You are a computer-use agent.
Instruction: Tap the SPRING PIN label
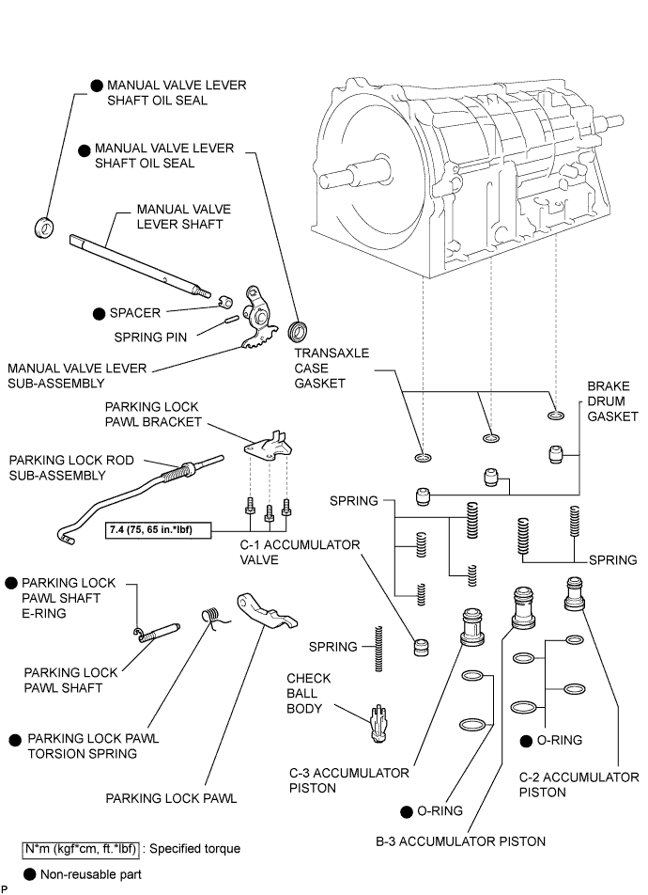click(150, 336)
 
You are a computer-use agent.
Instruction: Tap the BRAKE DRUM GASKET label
click(612, 401)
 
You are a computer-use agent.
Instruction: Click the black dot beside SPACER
click(97, 312)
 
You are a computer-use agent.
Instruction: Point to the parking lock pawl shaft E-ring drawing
click(137, 633)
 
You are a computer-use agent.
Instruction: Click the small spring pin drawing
click(230, 320)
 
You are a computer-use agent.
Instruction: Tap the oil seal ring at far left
click(43, 226)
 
